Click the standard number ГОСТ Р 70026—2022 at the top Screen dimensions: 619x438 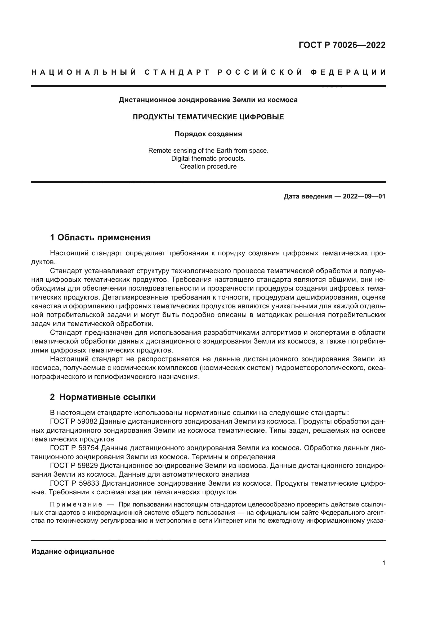(342, 45)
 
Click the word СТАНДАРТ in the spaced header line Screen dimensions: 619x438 (177, 72)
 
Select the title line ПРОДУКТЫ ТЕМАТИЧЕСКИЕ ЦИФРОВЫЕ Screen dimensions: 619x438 (208, 117)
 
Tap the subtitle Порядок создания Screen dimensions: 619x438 (208, 134)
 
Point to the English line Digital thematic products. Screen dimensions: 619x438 (208, 159)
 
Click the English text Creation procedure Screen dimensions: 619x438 (208, 166)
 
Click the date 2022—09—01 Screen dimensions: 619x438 (364, 196)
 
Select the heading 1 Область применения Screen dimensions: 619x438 (100, 237)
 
